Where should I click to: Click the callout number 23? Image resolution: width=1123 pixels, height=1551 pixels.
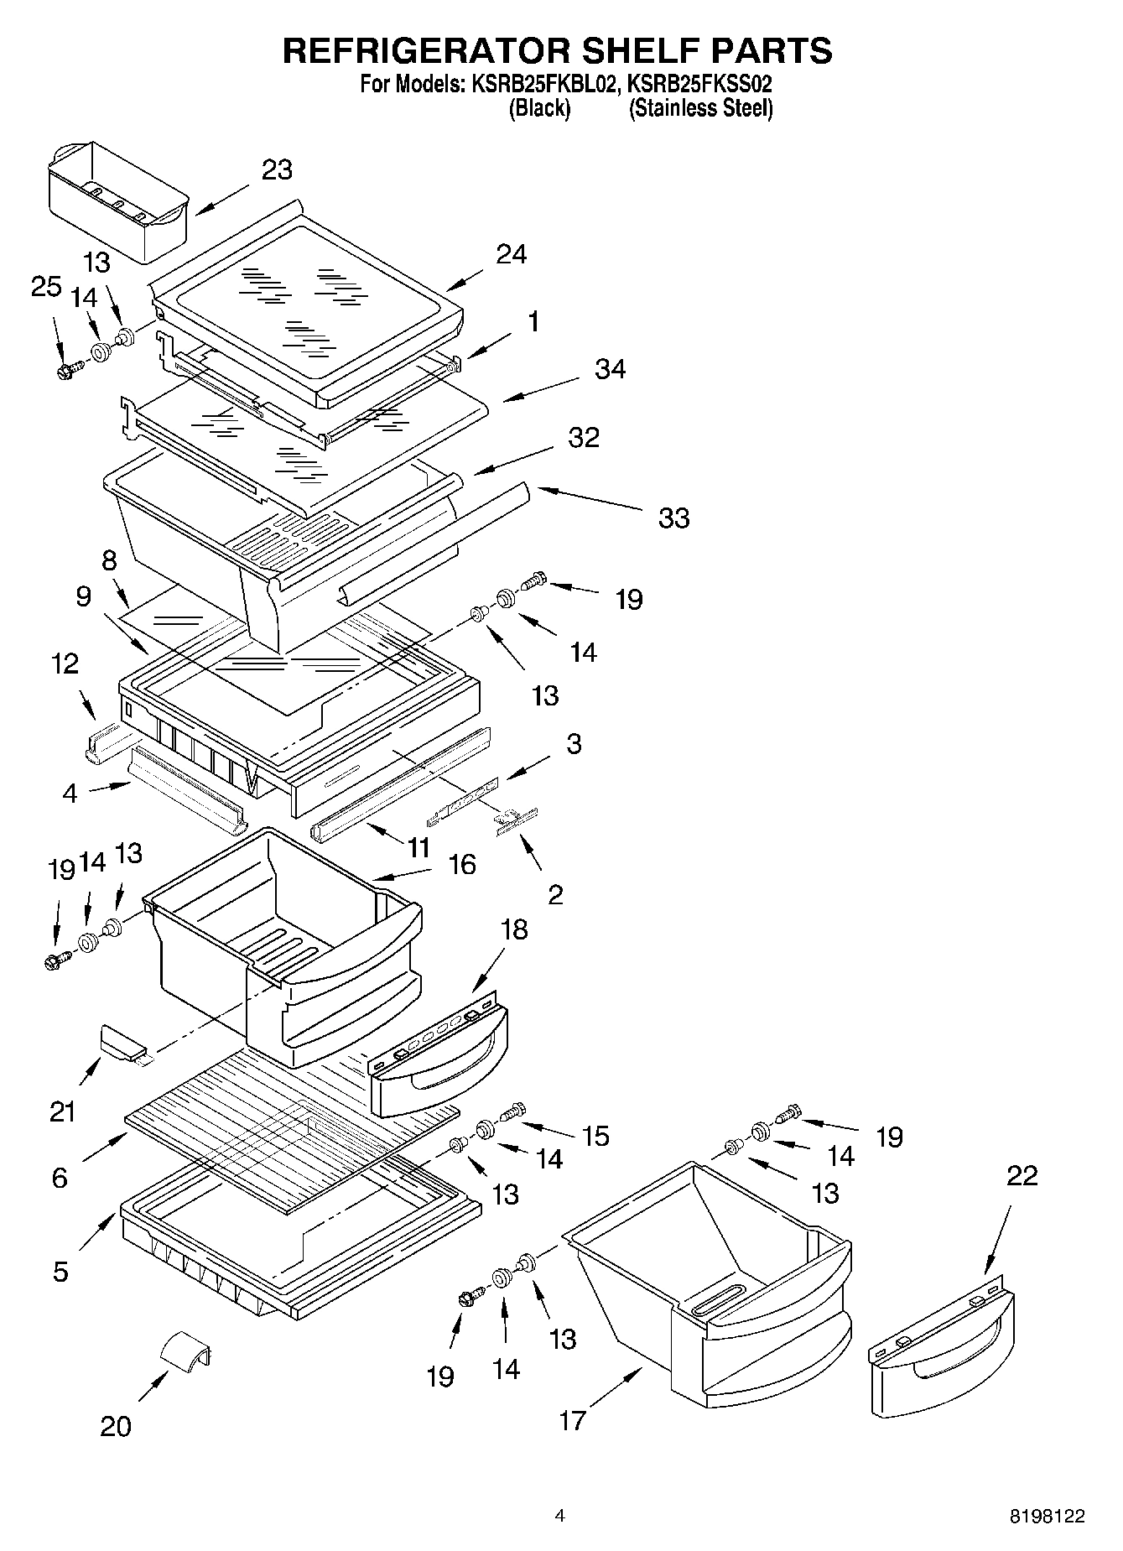(277, 169)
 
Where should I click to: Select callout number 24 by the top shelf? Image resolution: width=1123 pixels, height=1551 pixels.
(511, 254)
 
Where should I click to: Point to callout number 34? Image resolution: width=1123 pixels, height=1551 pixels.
(611, 369)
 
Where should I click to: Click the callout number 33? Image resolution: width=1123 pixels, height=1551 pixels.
(674, 518)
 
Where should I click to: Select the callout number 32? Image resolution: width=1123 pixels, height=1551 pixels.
(584, 437)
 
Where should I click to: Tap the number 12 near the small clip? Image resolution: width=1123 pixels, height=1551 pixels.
(65, 664)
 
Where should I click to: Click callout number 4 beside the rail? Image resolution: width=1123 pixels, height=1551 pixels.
(70, 792)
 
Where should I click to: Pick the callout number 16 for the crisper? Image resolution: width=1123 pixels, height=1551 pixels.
(462, 865)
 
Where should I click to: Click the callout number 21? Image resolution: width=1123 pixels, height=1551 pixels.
(63, 1112)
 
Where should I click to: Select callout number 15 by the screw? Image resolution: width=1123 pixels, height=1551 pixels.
(595, 1136)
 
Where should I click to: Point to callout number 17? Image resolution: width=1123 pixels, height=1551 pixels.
(573, 1421)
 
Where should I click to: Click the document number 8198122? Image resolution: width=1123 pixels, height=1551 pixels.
(1047, 1516)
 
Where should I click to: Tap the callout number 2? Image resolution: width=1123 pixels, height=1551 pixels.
(555, 895)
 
